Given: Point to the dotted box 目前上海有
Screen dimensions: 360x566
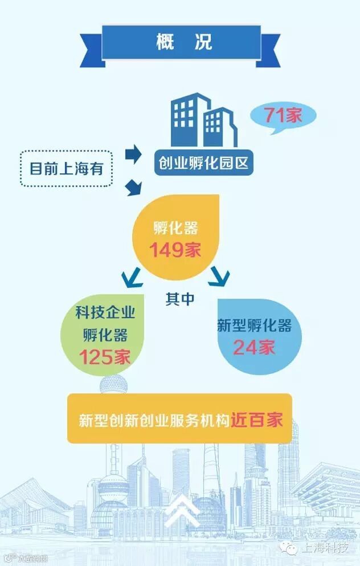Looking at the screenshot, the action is pos(67,168).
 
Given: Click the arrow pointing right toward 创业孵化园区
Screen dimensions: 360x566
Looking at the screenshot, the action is pos(133,154).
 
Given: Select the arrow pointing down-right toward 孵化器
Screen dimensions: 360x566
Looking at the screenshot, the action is pos(133,186).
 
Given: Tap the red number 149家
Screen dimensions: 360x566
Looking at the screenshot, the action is pos(175,250).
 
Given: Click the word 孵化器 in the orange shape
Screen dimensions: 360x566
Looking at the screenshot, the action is pos(175,229).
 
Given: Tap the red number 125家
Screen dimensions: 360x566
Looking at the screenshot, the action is pos(105,357).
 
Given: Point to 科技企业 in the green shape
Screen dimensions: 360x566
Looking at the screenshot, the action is pos(105,313).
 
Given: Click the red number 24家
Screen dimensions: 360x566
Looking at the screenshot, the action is pos(254,347).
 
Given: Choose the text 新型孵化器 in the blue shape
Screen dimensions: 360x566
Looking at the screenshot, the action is pos(254,326).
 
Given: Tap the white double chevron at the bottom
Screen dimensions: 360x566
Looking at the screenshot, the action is pos(180,510).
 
